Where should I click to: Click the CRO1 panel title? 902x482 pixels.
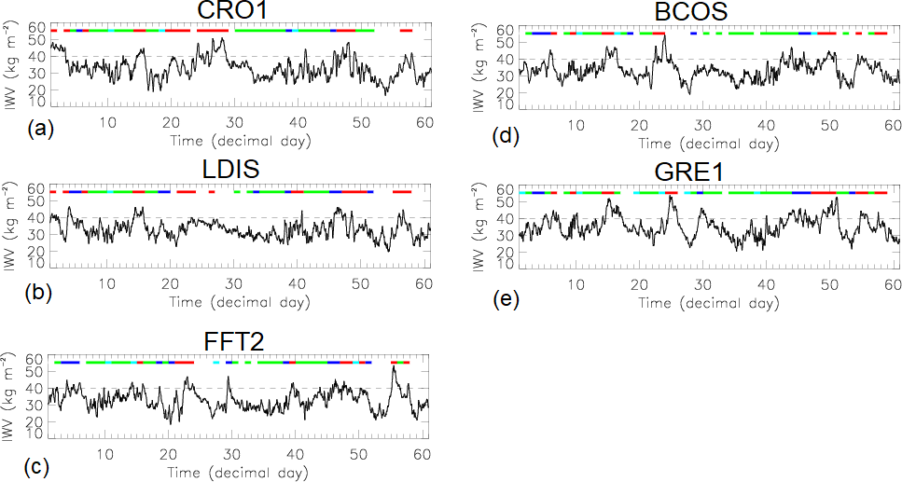(240, 12)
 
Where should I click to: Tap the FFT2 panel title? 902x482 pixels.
(238, 340)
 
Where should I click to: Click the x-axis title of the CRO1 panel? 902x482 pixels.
(241, 141)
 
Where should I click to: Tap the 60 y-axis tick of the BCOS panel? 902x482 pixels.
(505, 30)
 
